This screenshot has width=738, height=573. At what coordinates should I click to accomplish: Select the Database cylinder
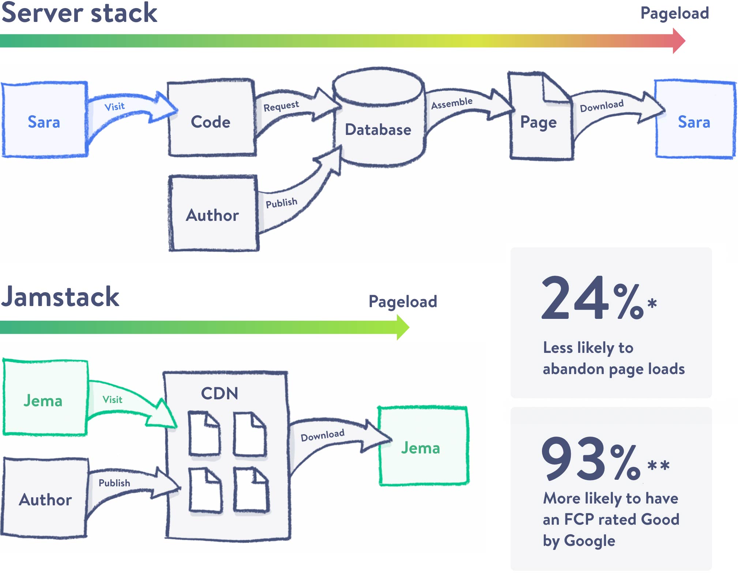point(379,121)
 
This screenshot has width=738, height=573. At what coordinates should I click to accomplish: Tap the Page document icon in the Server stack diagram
point(539,121)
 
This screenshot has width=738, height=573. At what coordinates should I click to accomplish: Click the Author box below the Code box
point(213,214)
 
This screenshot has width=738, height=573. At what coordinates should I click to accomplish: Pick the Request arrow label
point(281,106)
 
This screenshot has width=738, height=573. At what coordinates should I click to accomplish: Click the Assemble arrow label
point(452,103)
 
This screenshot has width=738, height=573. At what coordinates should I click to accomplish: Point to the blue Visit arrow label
point(114,107)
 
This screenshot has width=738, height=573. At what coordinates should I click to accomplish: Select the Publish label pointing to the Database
point(281,203)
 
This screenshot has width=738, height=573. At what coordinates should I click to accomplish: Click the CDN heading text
point(219,393)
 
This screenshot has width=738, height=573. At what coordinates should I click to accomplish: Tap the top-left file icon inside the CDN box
point(204,434)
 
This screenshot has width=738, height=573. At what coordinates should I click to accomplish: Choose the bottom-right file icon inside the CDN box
point(251,491)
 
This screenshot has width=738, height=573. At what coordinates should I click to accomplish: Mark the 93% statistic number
point(591,459)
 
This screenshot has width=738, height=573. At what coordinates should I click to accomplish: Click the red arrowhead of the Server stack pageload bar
point(678,41)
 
